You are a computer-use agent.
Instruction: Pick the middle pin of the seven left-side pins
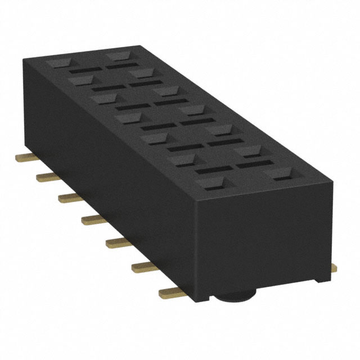93,219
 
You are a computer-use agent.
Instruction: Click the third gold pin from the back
70,196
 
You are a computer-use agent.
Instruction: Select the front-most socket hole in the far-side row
280,175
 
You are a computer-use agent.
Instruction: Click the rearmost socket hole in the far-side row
118,56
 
